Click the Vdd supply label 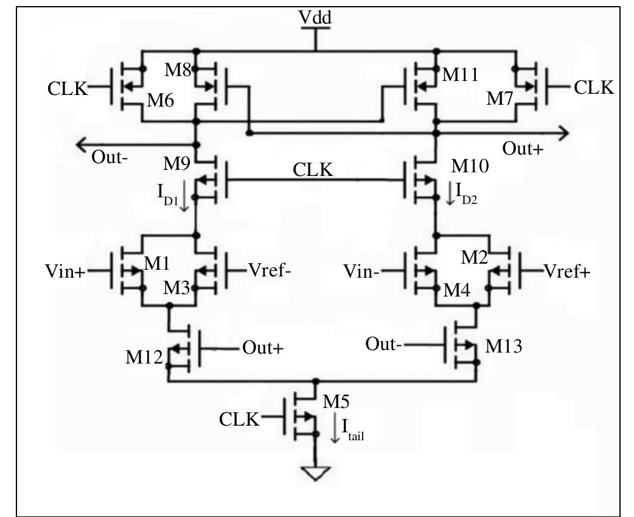pos(315,19)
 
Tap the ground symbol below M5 pos(315,473)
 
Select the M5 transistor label pos(336,402)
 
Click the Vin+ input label pos(65,272)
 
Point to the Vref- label pos(270,270)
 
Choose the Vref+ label pos(567,272)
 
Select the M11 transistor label pos(460,75)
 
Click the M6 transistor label pos(160,101)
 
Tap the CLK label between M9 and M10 pos(313,170)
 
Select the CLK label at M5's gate pos(239,420)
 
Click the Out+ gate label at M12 pos(263,348)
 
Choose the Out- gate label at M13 pos(383,344)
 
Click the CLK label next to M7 pos(594,88)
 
